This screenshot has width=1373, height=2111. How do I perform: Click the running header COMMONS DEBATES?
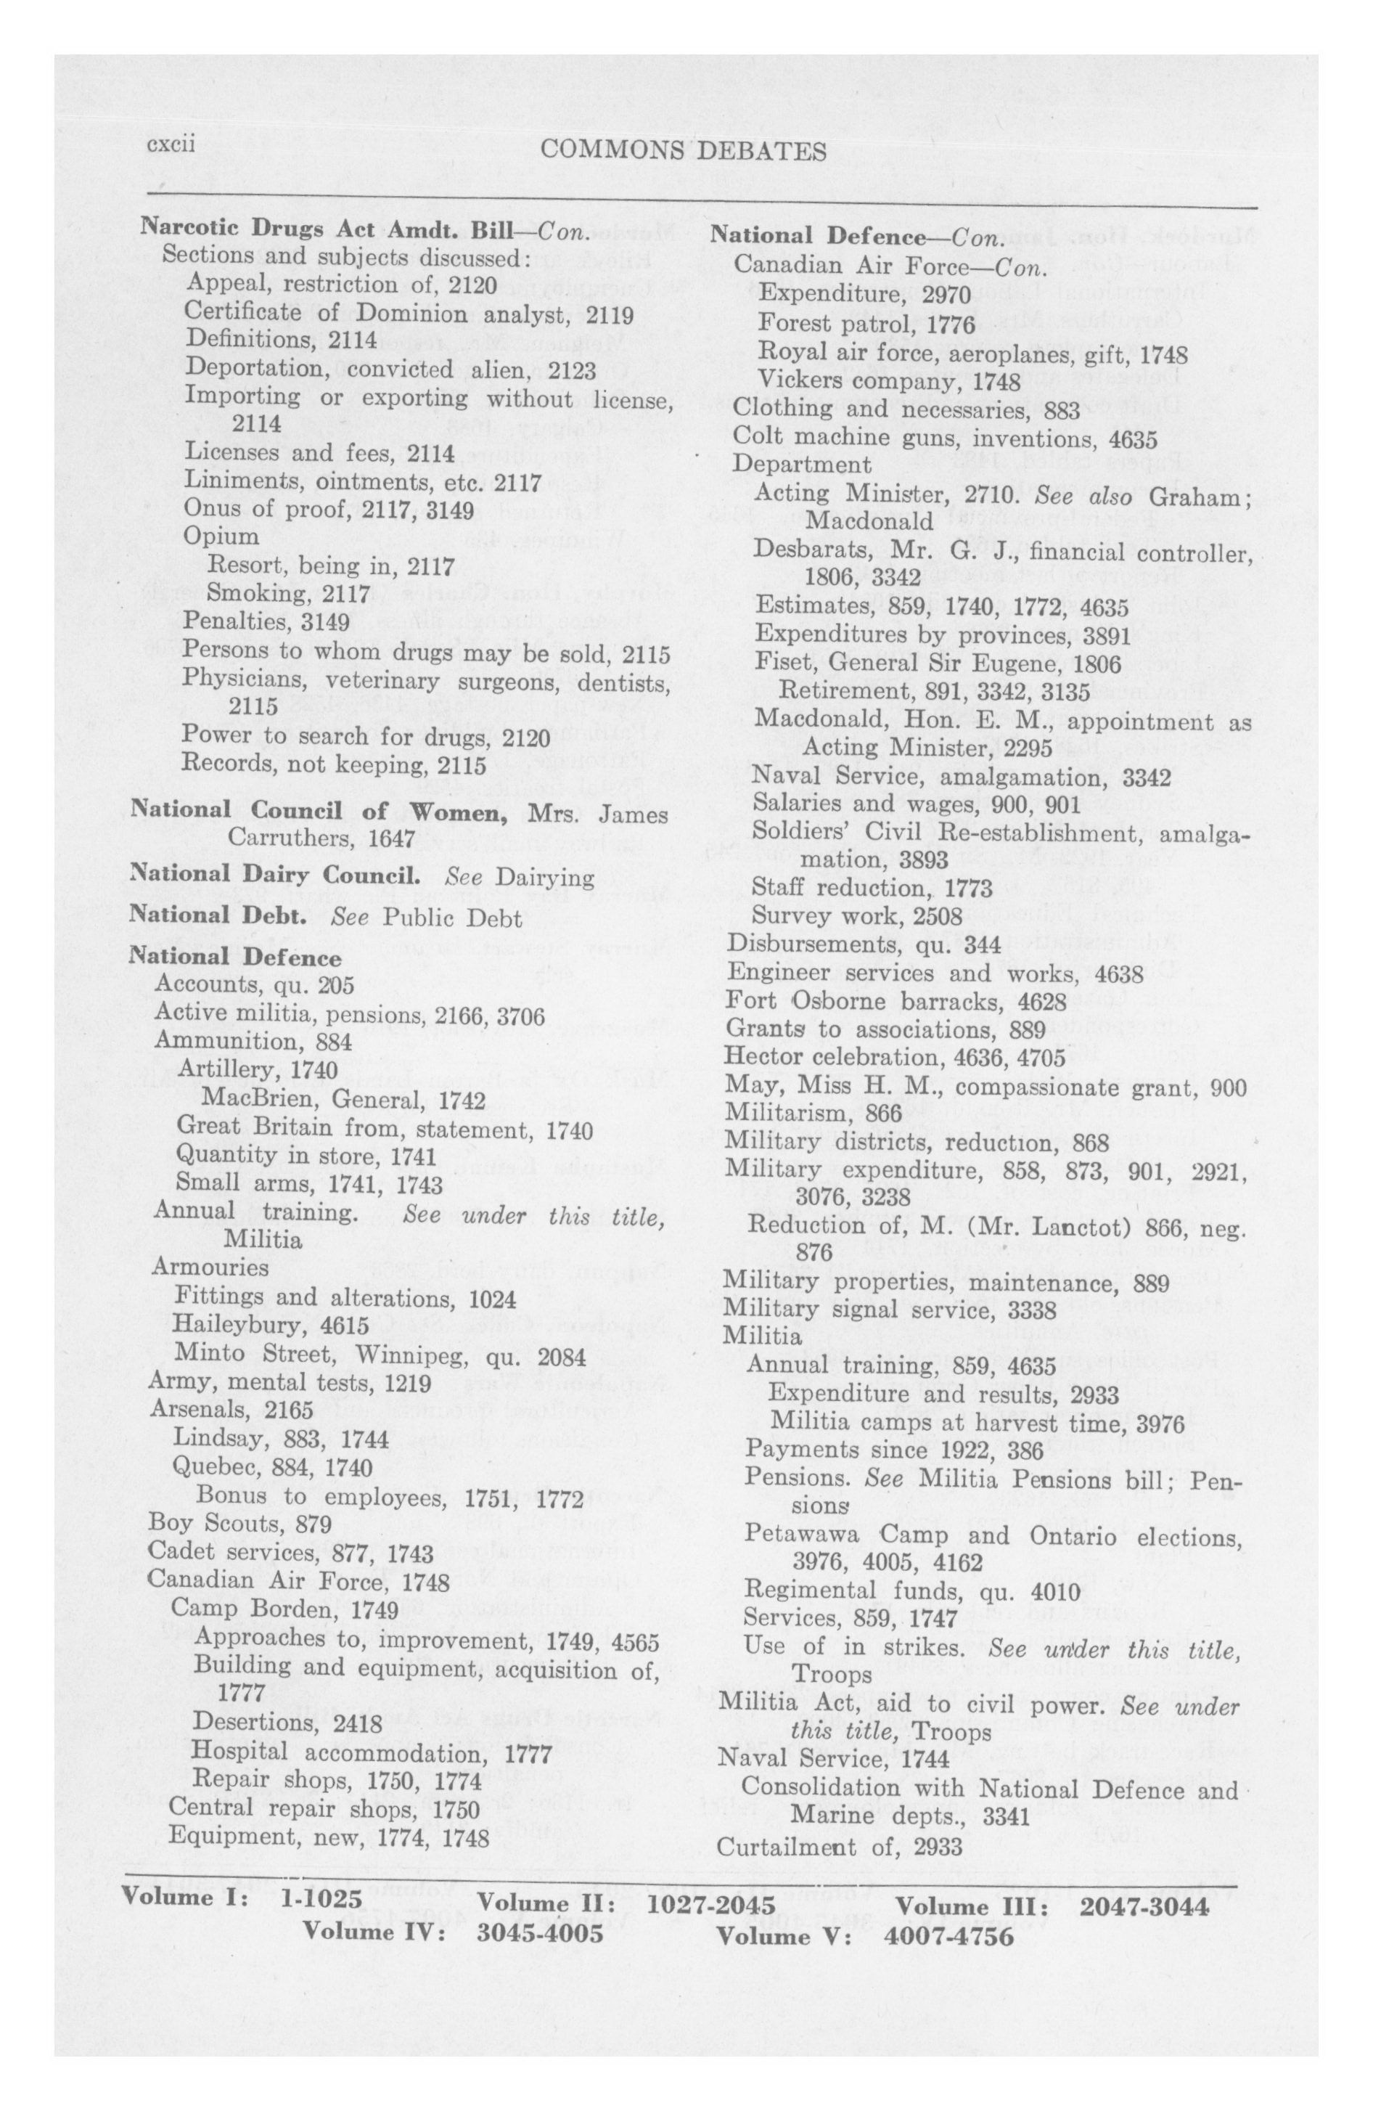[682, 151]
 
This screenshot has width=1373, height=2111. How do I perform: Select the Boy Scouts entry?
[239, 1524]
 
